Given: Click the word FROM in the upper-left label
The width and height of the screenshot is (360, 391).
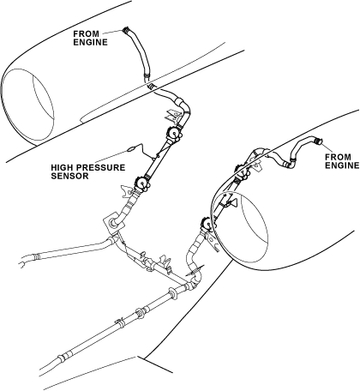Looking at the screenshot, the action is pyautogui.click(x=87, y=33).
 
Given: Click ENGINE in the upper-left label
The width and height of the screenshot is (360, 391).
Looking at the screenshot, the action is pyautogui.click(x=90, y=42).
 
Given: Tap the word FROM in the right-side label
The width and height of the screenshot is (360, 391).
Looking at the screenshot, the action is pyautogui.click(x=338, y=157).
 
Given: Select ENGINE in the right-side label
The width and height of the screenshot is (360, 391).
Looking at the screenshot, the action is pyautogui.click(x=342, y=165).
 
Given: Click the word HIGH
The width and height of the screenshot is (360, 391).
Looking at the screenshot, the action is pyautogui.click(x=63, y=167).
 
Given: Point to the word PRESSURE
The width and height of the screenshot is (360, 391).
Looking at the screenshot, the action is pyautogui.click(x=100, y=167).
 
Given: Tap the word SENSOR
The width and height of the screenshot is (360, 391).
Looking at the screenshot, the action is pyautogui.click(x=69, y=176).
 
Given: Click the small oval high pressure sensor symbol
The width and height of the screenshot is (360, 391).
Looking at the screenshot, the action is pyautogui.click(x=130, y=148).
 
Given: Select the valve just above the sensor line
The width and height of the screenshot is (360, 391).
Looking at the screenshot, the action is pyautogui.click(x=173, y=134).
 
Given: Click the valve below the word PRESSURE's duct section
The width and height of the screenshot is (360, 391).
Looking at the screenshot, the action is pyautogui.click(x=142, y=183).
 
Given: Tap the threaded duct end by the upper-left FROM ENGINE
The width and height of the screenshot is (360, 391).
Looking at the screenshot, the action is pyautogui.click(x=126, y=30).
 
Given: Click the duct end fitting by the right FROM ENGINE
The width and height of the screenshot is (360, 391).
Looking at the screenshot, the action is pyautogui.click(x=317, y=141).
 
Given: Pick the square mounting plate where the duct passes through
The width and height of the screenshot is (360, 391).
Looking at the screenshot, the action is pyautogui.click(x=113, y=222).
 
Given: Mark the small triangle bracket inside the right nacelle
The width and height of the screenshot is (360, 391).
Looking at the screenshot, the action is pyautogui.click(x=233, y=203).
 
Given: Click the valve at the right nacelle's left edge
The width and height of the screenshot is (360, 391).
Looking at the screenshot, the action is pyautogui.click(x=207, y=225).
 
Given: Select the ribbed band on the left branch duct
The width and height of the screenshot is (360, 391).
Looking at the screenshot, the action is pyautogui.click(x=36, y=257).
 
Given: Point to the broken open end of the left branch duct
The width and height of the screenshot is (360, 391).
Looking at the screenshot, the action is pyautogui.click(x=21, y=263).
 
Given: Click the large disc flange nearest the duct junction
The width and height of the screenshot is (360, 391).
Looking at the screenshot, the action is pyautogui.click(x=172, y=294).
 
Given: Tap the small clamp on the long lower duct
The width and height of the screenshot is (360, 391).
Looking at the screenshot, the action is pyautogui.click(x=120, y=322).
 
